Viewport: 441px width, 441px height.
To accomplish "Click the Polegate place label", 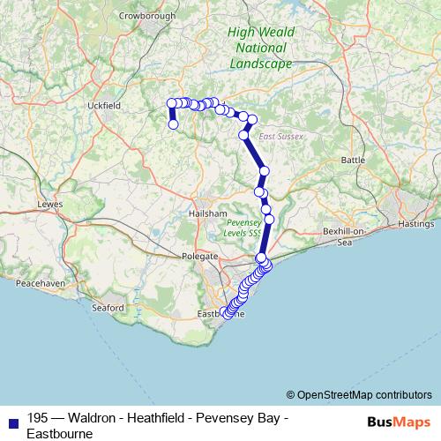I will pyautogui.click(x=199, y=256).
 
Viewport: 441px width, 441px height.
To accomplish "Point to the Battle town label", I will pyautogui.click(x=352, y=160).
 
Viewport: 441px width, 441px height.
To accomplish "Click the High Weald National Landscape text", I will pyautogui.click(x=261, y=49).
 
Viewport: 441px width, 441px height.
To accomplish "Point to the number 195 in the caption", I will pyautogui.click(x=37, y=418).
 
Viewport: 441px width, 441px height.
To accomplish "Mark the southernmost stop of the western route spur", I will pyautogui.click(x=173, y=124).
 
